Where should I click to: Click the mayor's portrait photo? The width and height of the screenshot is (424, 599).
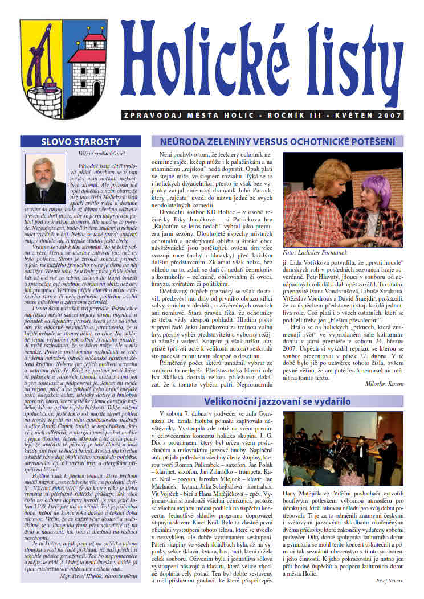click(45, 184)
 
